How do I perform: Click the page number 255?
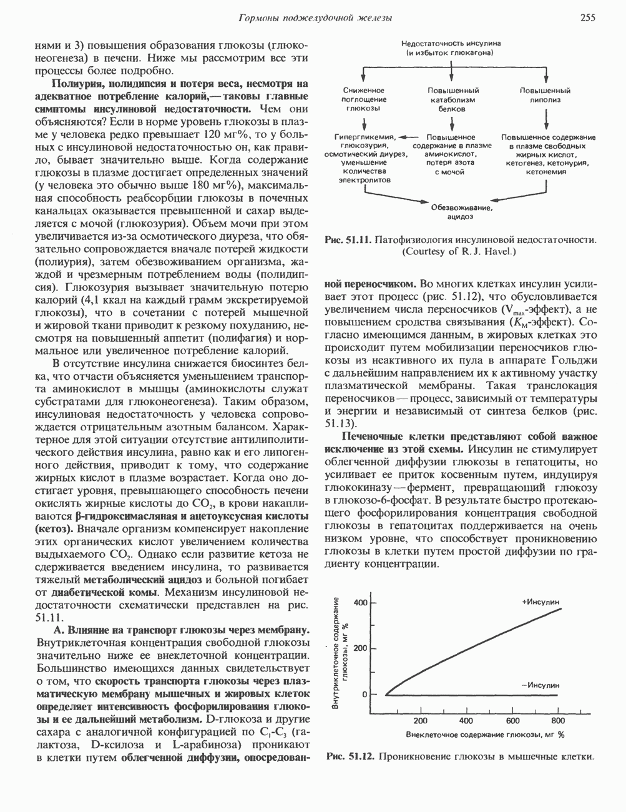point(590,18)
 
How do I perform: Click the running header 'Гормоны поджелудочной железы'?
point(316,19)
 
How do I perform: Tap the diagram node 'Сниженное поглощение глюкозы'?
point(365,99)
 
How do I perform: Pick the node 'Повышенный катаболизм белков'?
point(454,99)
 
